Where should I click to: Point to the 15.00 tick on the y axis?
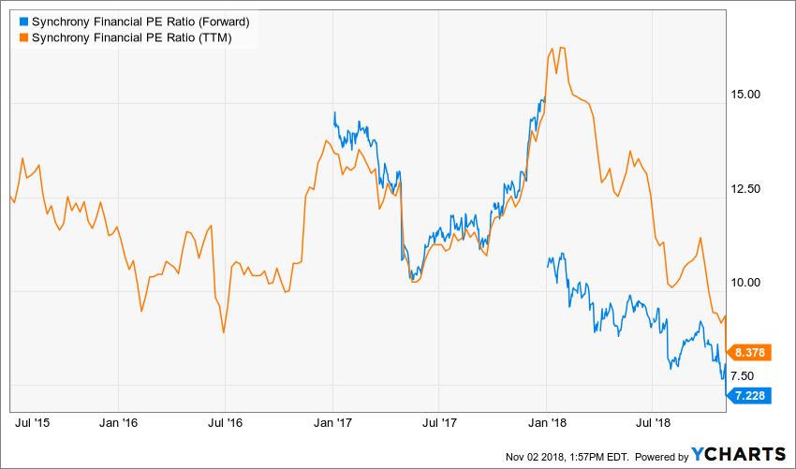click(x=747, y=95)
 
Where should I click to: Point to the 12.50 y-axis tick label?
click(x=747, y=188)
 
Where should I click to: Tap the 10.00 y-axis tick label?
click(x=747, y=282)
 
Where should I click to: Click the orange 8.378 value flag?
click(x=750, y=353)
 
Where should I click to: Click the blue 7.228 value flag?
click(x=750, y=396)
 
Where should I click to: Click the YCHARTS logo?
click(x=739, y=454)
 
